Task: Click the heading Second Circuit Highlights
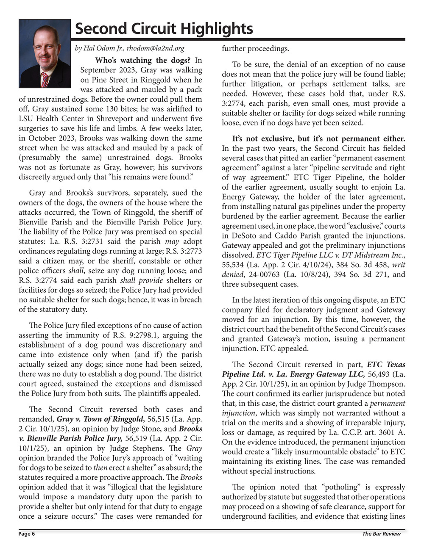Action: (164, 29)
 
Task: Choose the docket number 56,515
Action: (160, 419)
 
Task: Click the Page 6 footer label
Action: (27, 534)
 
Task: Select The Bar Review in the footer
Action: (381, 534)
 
